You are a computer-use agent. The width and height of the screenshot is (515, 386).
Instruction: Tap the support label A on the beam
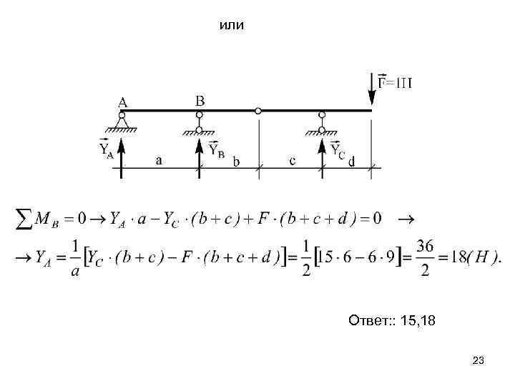(x=124, y=101)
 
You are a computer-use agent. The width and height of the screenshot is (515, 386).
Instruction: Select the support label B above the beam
(x=200, y=101)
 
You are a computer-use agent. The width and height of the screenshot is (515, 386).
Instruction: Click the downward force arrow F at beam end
(x=372, y=90)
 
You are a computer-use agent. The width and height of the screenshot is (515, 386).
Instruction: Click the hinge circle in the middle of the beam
(x=258, y=111)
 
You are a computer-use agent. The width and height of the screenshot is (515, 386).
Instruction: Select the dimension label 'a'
(x=159, y=161)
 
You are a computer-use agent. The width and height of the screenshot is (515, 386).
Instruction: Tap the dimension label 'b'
(x=236, y=162)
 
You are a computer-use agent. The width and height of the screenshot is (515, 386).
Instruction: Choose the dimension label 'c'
(x=293, y=161)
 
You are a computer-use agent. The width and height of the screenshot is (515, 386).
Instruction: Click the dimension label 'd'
(x=351, y=162)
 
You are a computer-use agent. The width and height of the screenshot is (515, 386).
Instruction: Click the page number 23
(x=479, y=362)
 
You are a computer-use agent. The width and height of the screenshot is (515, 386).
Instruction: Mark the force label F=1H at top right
(x=395, y=82)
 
